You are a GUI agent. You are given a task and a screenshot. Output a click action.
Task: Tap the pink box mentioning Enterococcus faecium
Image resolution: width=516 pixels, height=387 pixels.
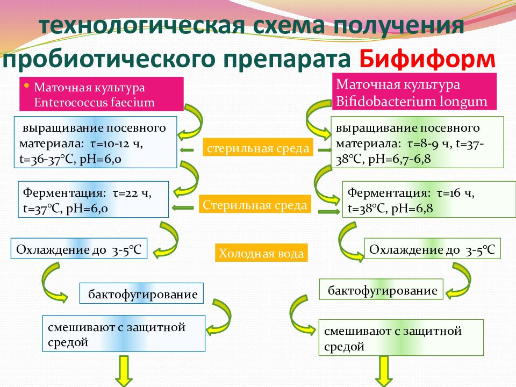102,94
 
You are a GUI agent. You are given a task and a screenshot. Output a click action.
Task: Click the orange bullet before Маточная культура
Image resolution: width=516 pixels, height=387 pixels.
27,85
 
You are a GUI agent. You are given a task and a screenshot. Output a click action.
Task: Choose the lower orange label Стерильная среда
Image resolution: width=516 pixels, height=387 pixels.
255,205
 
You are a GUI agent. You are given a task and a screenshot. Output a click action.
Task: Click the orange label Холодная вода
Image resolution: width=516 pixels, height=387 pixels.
261,253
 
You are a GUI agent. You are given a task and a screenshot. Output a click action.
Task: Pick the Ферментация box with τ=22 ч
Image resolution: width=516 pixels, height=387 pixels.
94,199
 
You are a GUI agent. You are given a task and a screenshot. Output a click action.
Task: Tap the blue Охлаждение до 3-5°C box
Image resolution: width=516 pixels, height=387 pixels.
79,249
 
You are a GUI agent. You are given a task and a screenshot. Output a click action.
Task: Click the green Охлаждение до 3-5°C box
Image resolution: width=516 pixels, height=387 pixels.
433,249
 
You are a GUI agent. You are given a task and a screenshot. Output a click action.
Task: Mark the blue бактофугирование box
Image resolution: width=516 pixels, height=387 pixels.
142,294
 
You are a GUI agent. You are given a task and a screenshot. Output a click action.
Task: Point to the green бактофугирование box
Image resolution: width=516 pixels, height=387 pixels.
382,290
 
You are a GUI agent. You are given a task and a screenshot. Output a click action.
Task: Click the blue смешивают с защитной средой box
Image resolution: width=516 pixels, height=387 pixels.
124,334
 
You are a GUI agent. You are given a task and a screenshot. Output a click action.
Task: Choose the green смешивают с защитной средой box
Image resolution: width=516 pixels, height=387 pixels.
400,338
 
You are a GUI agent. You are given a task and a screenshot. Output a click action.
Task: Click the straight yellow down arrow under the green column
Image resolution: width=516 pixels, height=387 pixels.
385,371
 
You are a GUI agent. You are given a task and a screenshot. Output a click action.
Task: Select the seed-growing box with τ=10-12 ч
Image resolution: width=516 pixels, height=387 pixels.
95,142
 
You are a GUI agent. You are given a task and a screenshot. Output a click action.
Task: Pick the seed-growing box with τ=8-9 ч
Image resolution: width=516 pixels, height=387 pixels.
417,142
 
